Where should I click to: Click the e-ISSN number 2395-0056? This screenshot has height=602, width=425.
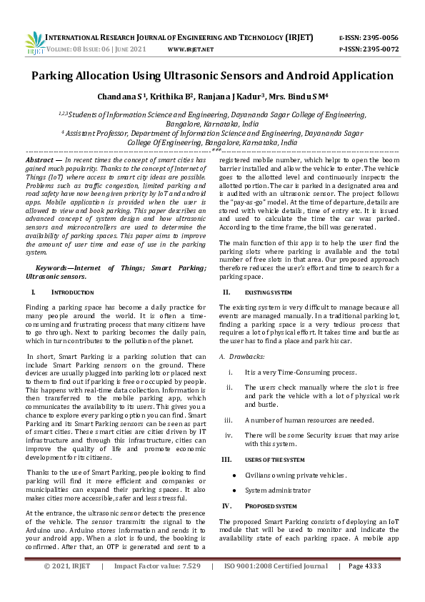tap(379, 37)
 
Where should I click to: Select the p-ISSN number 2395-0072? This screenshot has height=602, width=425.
tap(379, 49)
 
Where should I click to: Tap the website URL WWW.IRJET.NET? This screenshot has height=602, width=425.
tap(190, 49)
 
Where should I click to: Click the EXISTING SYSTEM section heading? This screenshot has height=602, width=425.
tap(269, 292)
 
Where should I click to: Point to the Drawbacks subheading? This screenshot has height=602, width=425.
tap(246, 356)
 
